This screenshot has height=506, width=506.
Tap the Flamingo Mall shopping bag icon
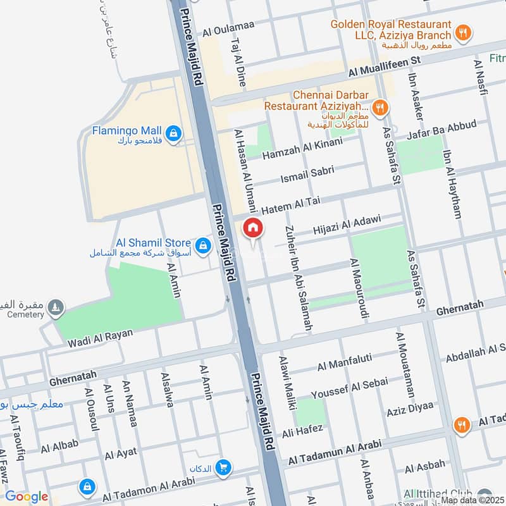[175, 133]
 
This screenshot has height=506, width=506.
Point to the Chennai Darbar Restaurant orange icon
[380, 107]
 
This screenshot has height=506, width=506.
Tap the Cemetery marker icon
[57, 307]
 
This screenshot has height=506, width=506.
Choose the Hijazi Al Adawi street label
[347, 225]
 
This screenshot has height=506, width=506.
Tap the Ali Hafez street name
[302, 432]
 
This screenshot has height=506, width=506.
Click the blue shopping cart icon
[223, 467]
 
